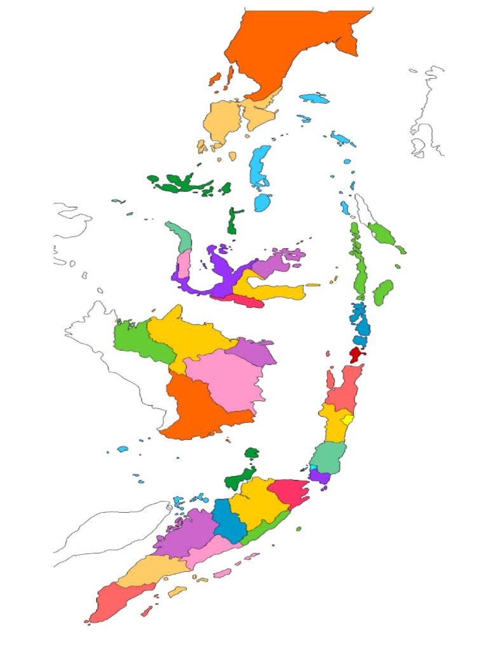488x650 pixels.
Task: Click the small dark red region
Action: tap(355, 354)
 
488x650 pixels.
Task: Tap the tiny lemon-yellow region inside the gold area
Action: tap(347, 420)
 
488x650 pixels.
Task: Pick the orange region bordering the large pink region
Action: tap(197, 409)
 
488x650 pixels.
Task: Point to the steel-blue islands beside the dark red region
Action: tap(360, 321)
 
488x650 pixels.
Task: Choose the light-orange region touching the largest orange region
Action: tap(232, 117)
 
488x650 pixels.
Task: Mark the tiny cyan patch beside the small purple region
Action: tap(313, 468)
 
